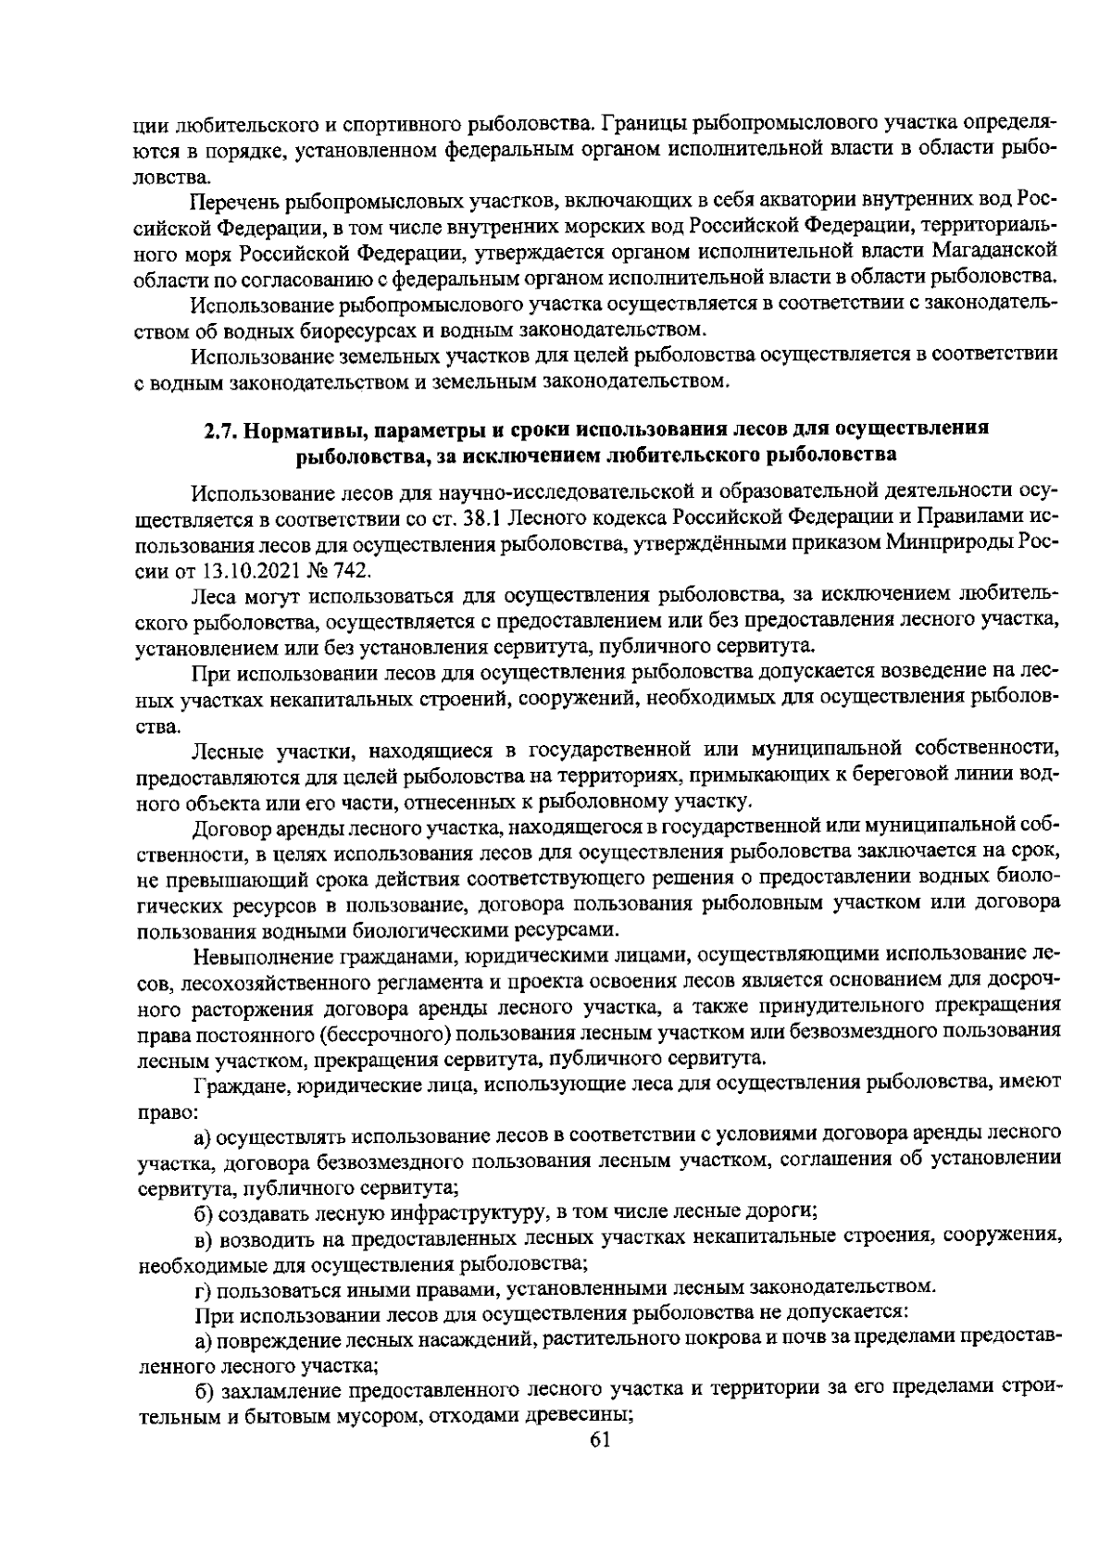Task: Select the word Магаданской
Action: point(993,250)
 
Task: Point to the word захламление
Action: point(275,1389)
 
